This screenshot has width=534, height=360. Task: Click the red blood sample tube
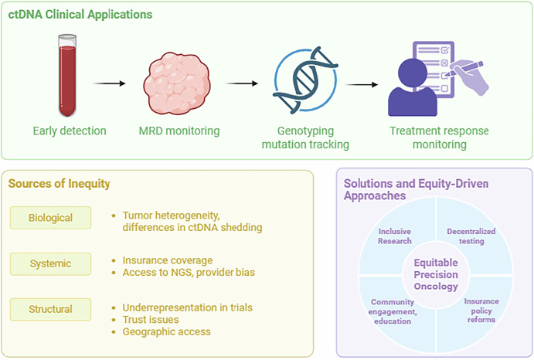(x=67, y=75)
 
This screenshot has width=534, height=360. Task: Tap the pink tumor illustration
(x=177, y=83)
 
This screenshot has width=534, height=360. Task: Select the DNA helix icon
(x=305, y=80)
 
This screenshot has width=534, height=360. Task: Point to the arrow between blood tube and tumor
(x=109, y=83)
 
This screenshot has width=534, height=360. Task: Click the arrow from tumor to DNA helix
(x=241, y=83)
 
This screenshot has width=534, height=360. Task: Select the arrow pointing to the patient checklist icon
(x=362, y=84)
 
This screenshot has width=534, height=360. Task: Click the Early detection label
(x=70, y=131)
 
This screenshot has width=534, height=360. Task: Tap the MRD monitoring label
(x=179, y=131)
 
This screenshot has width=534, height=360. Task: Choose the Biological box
(x=50, y=218)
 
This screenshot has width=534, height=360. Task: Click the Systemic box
(x=50, y=263)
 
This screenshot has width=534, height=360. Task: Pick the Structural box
(x=50, y=309)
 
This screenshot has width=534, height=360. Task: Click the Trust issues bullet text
(x=151, y=320)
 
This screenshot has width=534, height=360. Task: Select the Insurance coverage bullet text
(x=168, y=260)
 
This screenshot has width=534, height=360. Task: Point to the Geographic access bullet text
(x=166, y=331)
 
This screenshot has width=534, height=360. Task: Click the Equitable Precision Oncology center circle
(x=436, y=274)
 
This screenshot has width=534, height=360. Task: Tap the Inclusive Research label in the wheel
(x=395, y=236)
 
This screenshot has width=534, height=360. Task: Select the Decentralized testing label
(x=471, y=236)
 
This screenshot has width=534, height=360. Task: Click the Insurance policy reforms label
(x=481, y=311)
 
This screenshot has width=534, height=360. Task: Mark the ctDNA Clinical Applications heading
(x=80, y=15)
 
